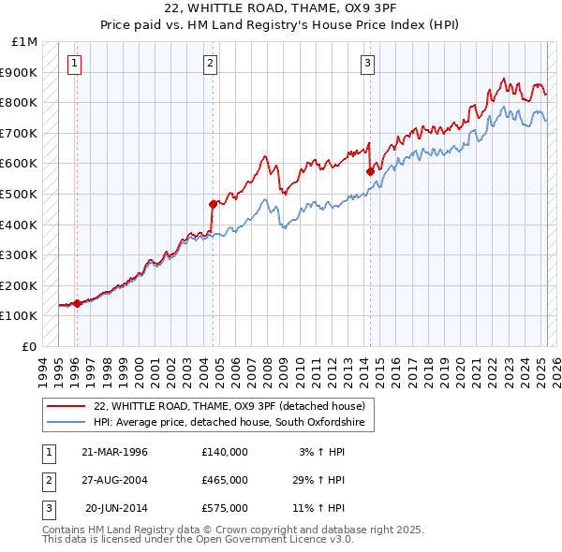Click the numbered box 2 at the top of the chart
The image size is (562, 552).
[x=210, y=64]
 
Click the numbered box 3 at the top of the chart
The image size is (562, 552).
[x=368, y=64]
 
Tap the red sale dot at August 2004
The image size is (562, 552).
[x=213, y=204]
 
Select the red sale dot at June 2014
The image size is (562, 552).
[x=370, y=171]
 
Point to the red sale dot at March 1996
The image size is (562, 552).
[x=77, y=303]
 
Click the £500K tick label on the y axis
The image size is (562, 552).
[x=19, y=194]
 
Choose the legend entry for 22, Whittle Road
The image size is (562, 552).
[x=234, y=406]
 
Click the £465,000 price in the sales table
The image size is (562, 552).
[x=225, y=480]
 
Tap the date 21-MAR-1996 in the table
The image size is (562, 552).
[x=115, y=452]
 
